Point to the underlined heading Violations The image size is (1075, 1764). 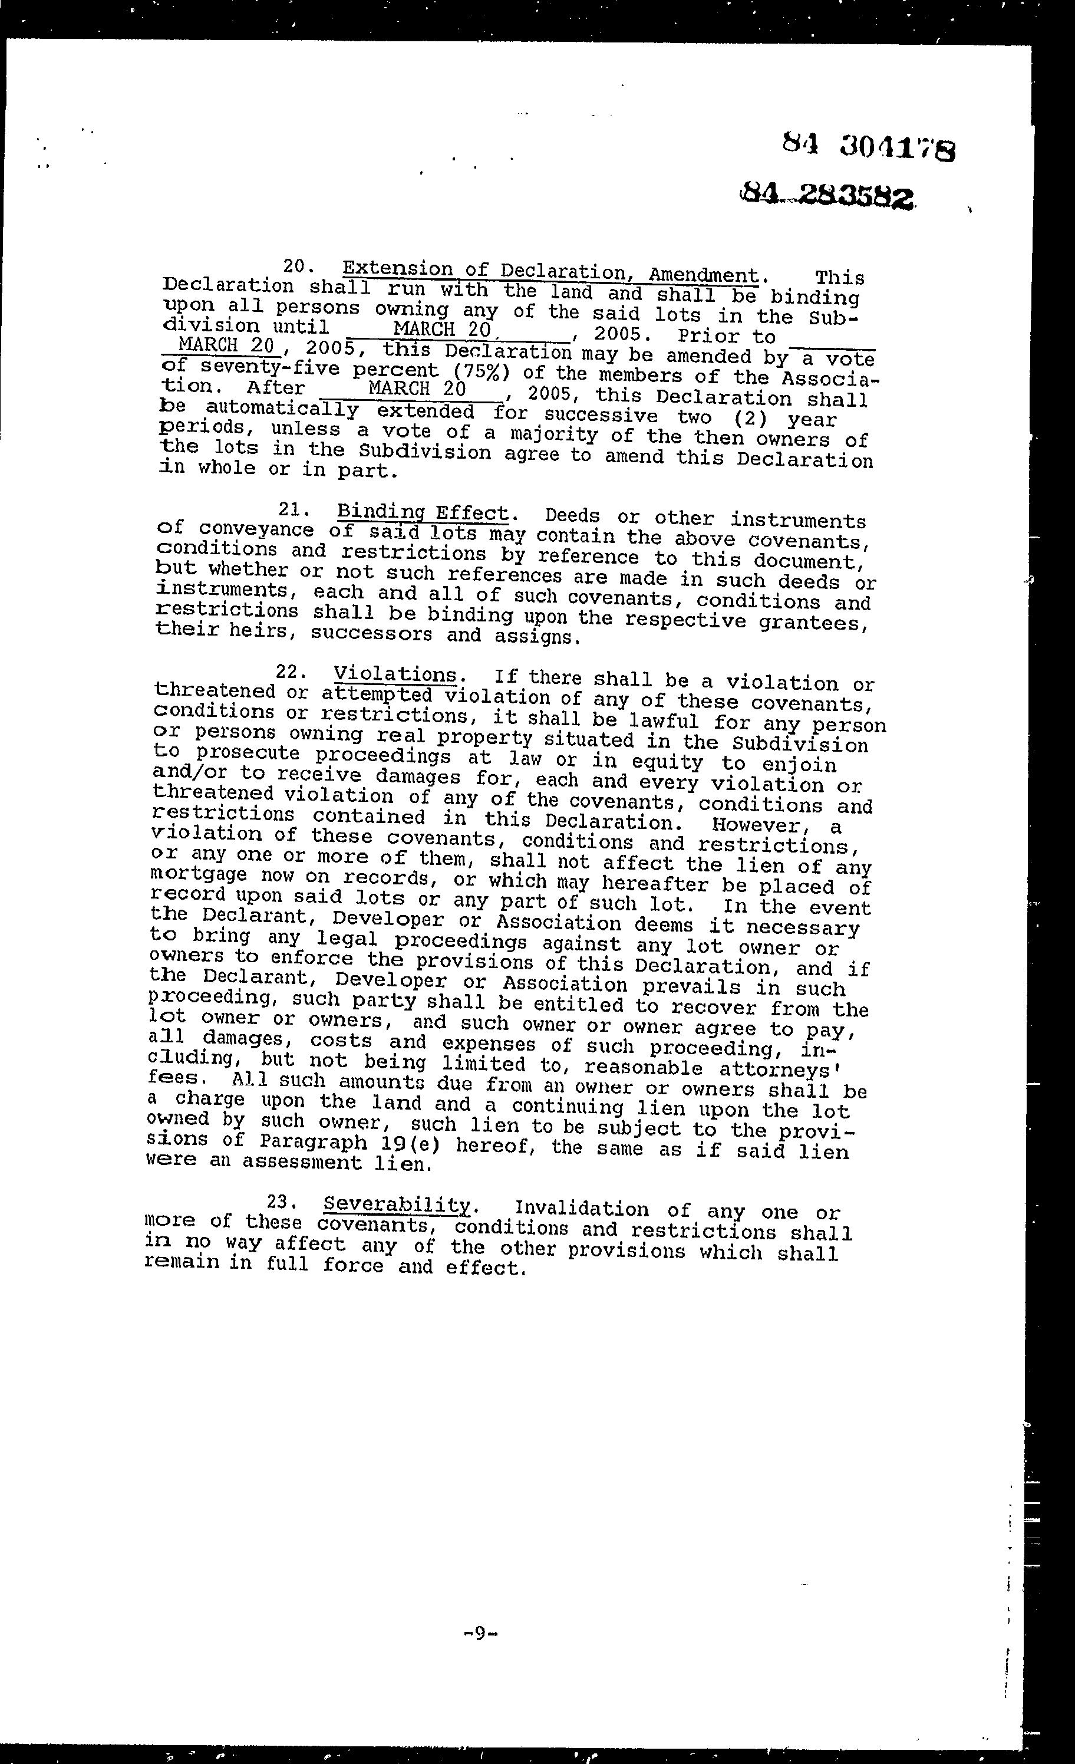coord(395,674)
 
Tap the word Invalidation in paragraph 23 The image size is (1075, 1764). coord(582,1209)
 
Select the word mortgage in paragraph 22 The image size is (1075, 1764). coord(189,876)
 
